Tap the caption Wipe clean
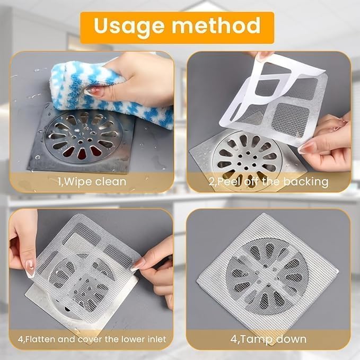pos(92,182)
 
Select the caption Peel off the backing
pos(268,182)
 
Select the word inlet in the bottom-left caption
pos(155,339)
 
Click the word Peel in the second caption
pos(226,182)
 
